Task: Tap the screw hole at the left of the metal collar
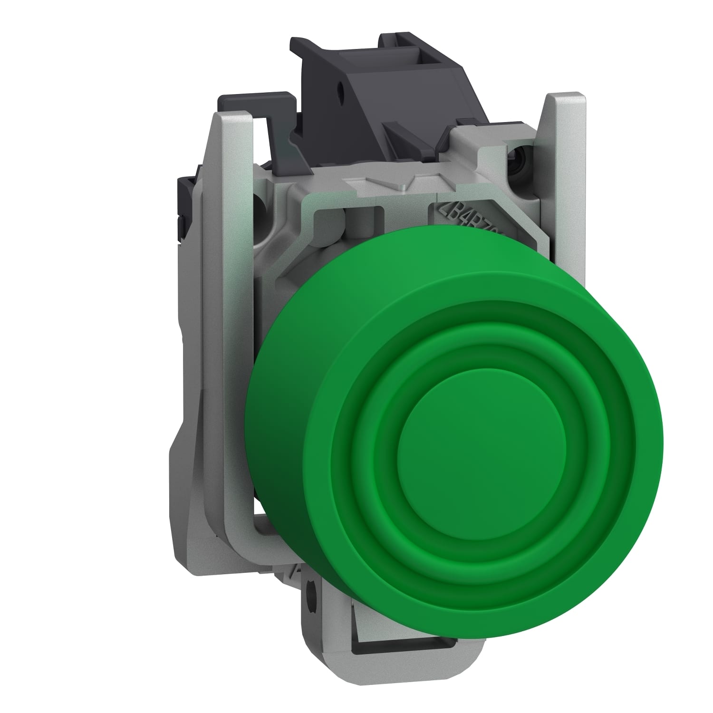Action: pos(260,204)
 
